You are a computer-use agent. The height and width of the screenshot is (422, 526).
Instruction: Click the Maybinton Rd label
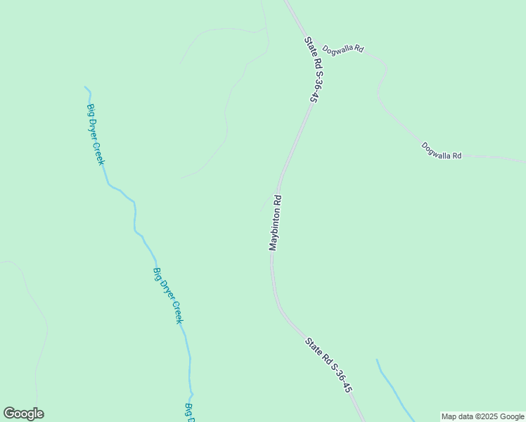click(x=275, y=222)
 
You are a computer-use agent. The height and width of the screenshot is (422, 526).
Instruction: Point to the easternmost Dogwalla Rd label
click(x=441, y=151)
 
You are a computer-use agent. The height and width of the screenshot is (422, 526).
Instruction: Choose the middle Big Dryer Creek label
click(x=168, y=295)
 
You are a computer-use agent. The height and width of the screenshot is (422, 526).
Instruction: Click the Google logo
click(x=23, y=414)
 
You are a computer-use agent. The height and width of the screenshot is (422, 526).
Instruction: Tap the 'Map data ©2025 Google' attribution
click(x=482, y=416)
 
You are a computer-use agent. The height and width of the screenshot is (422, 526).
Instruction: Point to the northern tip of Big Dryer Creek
click(x=86, y=87)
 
